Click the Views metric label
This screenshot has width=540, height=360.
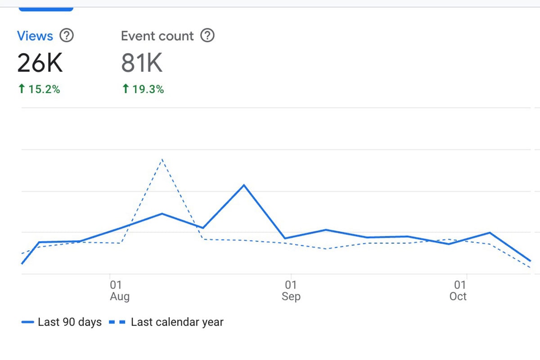pyautogui.click(x=35, y=36)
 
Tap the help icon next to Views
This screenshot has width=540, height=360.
pyautogui.click(x=67, y=36)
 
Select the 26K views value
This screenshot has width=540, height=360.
pyautogui.click(x=40, y=63)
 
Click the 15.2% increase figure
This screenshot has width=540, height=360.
pyautogui.click(x=44, y=89)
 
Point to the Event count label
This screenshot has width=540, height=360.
pyautogui.click(x=157, y=36)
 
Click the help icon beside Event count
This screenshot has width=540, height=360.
pyautogui.click(x=207, y=36)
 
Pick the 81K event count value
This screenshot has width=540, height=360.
pyautogui.click(x=141, y=63)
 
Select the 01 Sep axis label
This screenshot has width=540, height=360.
pyautogui.click(x=291, y=290)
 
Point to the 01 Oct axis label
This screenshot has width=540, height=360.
pyautogui.click(x=458, y=290)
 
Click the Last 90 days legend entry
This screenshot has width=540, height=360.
pyautogui.click(x=62, y=322)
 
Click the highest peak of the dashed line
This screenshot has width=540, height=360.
pyautogui.click(x=162, y=159)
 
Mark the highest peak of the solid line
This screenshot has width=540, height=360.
pyautogui.click(x=244, y=185)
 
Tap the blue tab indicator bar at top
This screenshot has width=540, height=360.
pyautogui.click(x=45, y=9)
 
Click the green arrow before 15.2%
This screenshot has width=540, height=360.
pyautogui.click(x=21, y=89)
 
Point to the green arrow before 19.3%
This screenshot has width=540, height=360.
pyautogui.click(x=125, y=89)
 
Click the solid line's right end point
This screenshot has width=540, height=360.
pyautogui.click(x=531, y=261)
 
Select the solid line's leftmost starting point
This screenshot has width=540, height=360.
pyautogui.click(x=22, y=263)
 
